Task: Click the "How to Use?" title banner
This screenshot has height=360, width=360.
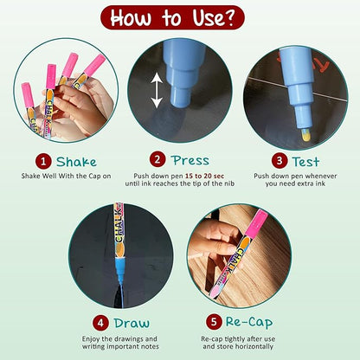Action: [172, 17]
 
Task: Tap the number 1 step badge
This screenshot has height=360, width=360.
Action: [43, 162]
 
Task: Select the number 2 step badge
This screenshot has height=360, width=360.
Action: [157, 159]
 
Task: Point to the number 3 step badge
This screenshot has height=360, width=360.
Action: [280, 161]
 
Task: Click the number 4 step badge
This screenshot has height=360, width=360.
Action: [100, 323]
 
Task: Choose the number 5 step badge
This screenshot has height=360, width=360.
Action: [214, 322]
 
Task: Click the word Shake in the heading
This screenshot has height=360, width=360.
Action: [76, 162]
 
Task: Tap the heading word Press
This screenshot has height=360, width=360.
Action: [190, 160]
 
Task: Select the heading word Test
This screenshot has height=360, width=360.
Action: [305, 162]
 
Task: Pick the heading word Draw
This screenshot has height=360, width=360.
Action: [132, 323]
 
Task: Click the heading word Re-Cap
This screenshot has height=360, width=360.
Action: [249, 323]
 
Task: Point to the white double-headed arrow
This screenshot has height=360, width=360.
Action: [157, 90]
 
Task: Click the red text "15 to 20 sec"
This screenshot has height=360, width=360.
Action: [204, 176]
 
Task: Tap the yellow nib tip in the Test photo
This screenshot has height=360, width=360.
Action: [306, 136]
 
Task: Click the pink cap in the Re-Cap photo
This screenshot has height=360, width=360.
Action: [257, 222]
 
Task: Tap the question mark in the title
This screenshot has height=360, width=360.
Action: [228, 18]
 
